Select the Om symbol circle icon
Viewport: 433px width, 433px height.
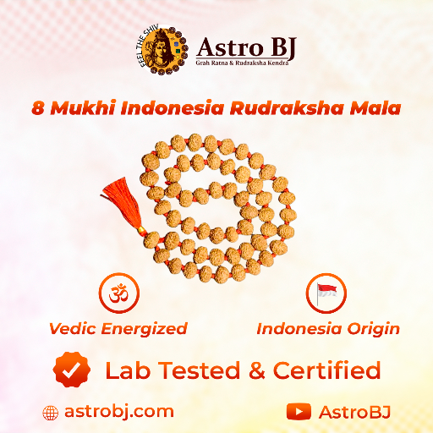118,293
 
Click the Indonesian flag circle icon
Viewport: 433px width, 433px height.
326,293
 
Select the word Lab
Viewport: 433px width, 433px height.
125,370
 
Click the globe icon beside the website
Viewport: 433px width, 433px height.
51,413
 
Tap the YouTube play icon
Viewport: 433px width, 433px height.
299,412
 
